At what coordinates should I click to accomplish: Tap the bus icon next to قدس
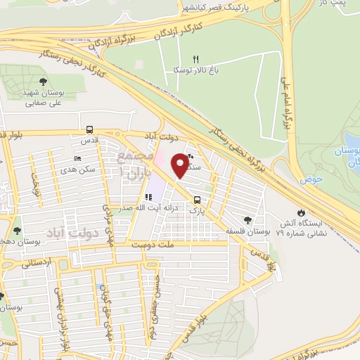pos(89,129)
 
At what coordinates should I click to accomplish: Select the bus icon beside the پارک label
pos(197,199)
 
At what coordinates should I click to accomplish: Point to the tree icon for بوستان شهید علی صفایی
pos(44,82)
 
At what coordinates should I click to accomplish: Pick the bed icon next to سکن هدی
pos(77,158)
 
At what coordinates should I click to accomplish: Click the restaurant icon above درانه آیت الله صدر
pos(148,198)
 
